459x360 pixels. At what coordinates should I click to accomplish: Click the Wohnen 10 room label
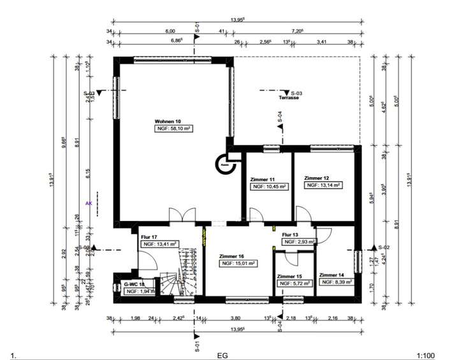[x=168, y=121]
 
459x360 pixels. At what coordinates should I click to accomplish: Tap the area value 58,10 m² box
[x=174, y=129]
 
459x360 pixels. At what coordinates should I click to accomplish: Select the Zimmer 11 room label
[x=264, y=180]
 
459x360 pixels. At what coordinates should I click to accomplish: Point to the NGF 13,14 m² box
[x=323, y=185]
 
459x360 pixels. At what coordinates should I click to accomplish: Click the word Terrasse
[x=289, y=99]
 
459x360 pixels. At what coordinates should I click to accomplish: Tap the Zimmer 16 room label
[x=232, y=254]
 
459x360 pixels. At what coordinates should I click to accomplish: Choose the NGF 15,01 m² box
[x=238, y=263]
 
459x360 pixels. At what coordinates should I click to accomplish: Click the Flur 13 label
[x=291, y=234]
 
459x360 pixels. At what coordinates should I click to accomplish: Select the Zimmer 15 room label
[x=289, y=277]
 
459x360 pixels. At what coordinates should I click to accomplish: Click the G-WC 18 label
[x=133, y=284]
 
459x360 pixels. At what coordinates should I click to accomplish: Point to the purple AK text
[x=89, y=204]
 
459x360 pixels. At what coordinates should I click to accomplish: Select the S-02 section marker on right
[x=384, y=247]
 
